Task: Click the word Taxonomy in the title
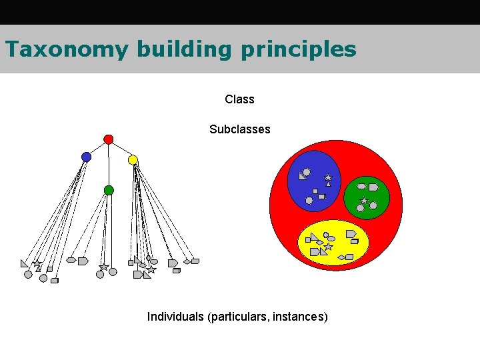coord(65,49)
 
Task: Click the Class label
coord(239,99)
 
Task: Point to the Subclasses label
coord(239,129)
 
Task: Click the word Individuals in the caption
coord(175,317)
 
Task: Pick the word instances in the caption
coord(298,317)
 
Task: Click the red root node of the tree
coord(109,139)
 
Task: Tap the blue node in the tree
coord(86,157)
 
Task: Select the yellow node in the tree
coord(133,160)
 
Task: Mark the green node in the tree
coord(109,191)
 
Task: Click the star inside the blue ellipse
coord(327,178)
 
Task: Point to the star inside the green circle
coord(364,200)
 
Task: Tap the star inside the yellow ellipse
coord(328,247)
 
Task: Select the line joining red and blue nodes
coord(97,148)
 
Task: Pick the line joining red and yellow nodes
coord(121,149)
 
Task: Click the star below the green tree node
coord(103,267)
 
